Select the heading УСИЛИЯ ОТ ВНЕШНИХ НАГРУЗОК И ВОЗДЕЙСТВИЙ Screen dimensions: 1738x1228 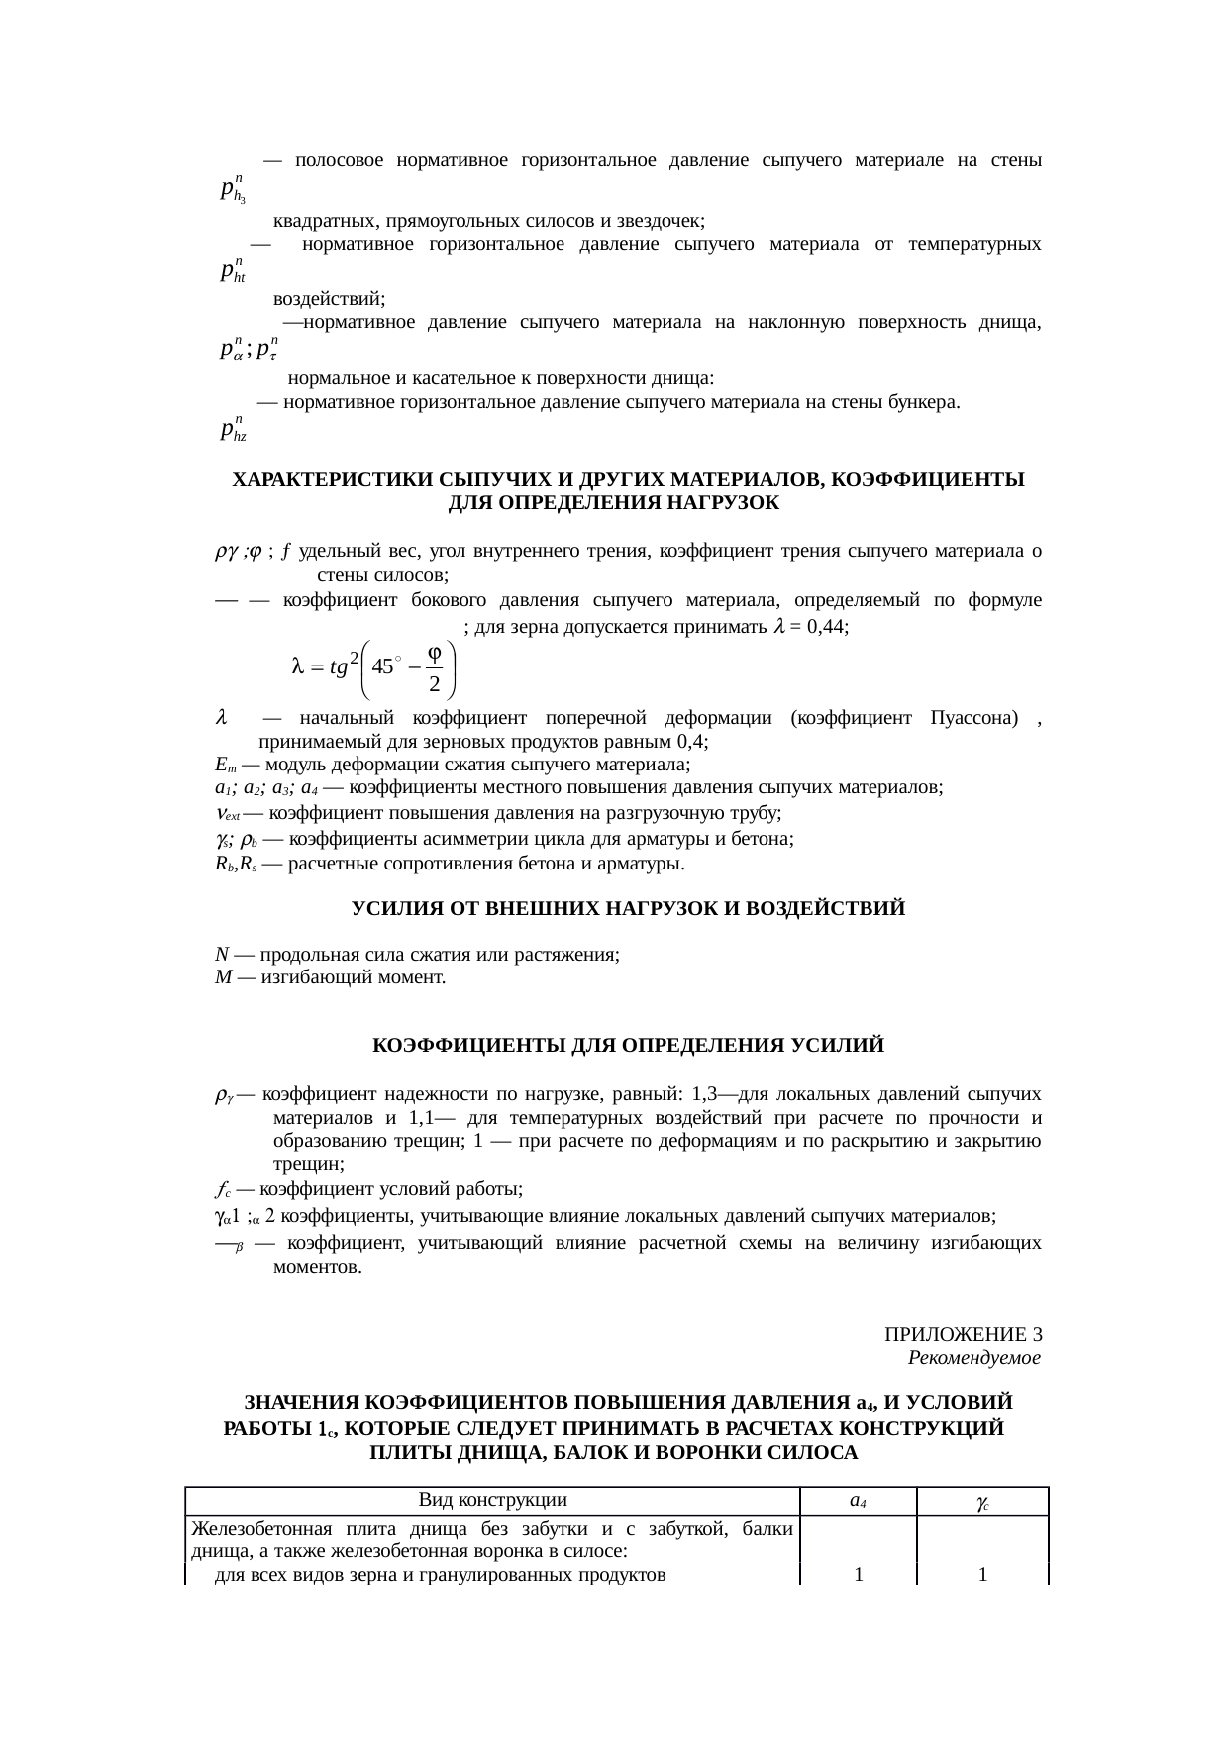point(628,908)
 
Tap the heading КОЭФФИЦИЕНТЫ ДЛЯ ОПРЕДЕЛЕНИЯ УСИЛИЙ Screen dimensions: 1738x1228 point(628,1046)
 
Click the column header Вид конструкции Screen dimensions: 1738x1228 point(492,1500)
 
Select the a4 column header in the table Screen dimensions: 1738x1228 point(859,1501)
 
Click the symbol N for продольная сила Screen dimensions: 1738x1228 point(222,955)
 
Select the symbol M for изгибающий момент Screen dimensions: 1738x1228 point(223,978)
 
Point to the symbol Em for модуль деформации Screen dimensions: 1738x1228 point(224,766)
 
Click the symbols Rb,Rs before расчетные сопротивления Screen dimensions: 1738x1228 point(235,864)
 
